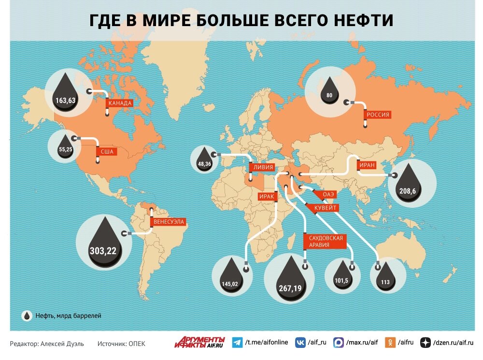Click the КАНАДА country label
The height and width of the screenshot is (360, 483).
tap(120, 103)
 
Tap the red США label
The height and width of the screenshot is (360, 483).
tap(107, 152)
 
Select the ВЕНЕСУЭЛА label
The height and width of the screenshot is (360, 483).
tap(169, 222)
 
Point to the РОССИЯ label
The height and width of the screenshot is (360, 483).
tap(378, 115)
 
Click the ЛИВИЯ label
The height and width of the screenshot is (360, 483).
tap(262, 168)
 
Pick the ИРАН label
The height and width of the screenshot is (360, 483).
tap(367, 165)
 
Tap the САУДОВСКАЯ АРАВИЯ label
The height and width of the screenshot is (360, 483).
tap(325, 242)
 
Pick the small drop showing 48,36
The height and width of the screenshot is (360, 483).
tap(204, 159)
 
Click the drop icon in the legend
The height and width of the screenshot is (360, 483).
tap(27, 316)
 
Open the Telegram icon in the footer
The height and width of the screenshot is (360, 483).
tap(237, 343)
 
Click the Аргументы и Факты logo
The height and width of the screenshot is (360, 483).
tap(200, 342)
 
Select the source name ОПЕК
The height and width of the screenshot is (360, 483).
tap(137, 344)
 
